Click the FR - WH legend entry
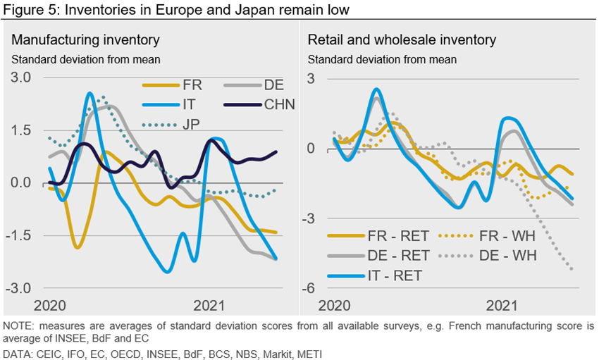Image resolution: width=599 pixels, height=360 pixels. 490,237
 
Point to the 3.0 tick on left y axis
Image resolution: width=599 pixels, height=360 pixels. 20,77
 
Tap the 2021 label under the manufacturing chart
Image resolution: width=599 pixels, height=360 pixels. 209,305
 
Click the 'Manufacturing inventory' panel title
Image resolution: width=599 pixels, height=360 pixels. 86,40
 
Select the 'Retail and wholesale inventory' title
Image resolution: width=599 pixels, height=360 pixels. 402,40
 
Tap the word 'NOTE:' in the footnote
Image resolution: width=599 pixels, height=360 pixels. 20,325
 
